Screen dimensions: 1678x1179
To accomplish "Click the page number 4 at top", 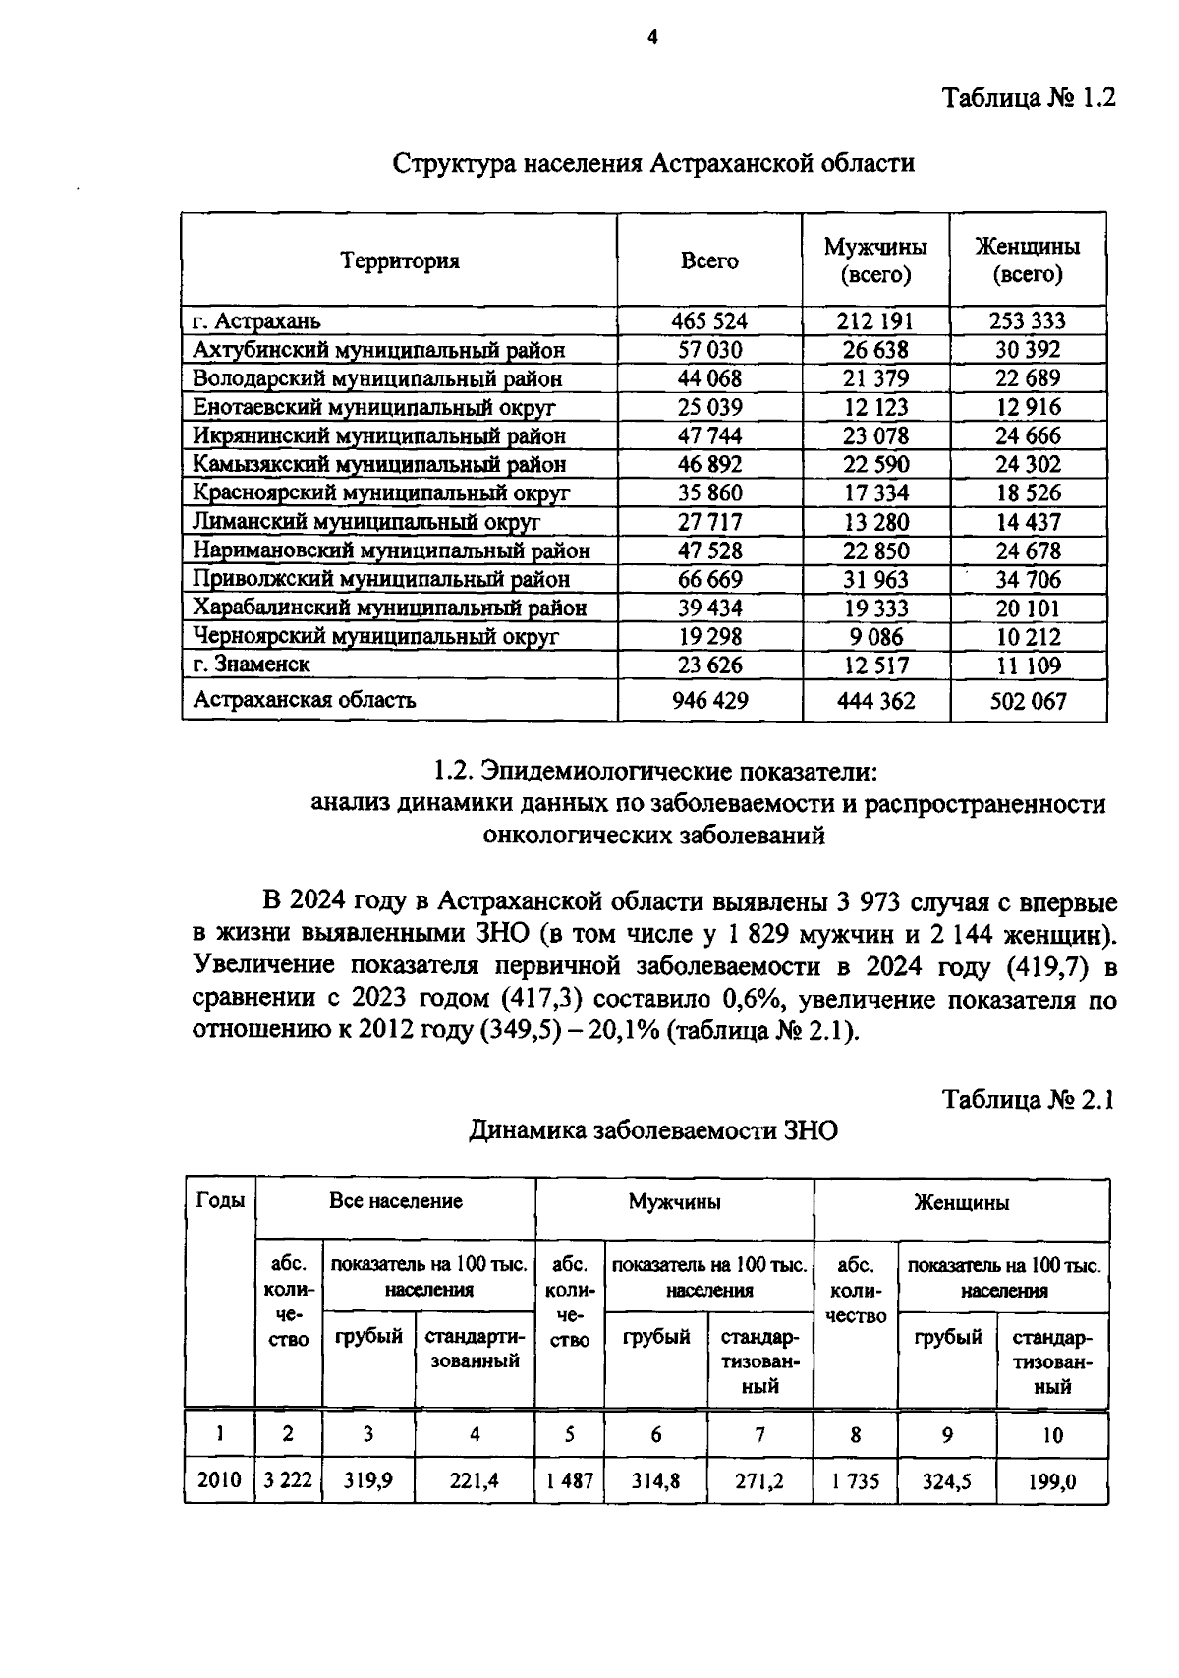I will pyautogui.click(x=651, y=37).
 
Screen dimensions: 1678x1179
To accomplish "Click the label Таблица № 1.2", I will pyautogui.click(x=1029, y=99).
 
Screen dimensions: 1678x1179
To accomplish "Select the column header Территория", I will pyautogui.click(x=400, y=261).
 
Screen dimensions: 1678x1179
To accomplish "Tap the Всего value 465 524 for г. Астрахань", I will pyautogui.click(x=709, y=321).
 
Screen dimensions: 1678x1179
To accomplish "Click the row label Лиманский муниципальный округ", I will pyautogui.click(x=365, y=522).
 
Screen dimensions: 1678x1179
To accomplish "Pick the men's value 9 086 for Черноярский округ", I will pyautogui.click(x=875, y=637).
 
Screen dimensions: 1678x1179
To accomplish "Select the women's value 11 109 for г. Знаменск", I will pyautogui.click(x=1028, y=665).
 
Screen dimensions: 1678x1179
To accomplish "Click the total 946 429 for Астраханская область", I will pyautogui.click(x=709, y=701).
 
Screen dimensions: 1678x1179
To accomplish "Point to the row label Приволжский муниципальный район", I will pyautogui.click(x=381, y=579).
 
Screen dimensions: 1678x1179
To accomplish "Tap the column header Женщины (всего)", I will pyautogui.click(x=1027, y=260).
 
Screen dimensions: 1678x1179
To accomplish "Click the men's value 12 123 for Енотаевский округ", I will pyautogui.click(x=875, y=407).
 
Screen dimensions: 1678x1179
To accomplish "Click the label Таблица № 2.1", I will pyautogui.click(x=1028, y=1099).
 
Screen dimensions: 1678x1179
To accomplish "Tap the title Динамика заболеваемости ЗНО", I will pyautogui.click(x=653, y=1131).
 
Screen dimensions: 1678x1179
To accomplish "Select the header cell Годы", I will pyautogui.click(x=220, y=1200).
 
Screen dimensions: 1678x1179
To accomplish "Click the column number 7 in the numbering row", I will pyautogui.click(x=759, y=1435).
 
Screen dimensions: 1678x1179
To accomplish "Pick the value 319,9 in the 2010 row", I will pyautogui.click(x=367, y=1480).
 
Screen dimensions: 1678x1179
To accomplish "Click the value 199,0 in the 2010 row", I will pyautogui.click(x=1051, y=1480).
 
